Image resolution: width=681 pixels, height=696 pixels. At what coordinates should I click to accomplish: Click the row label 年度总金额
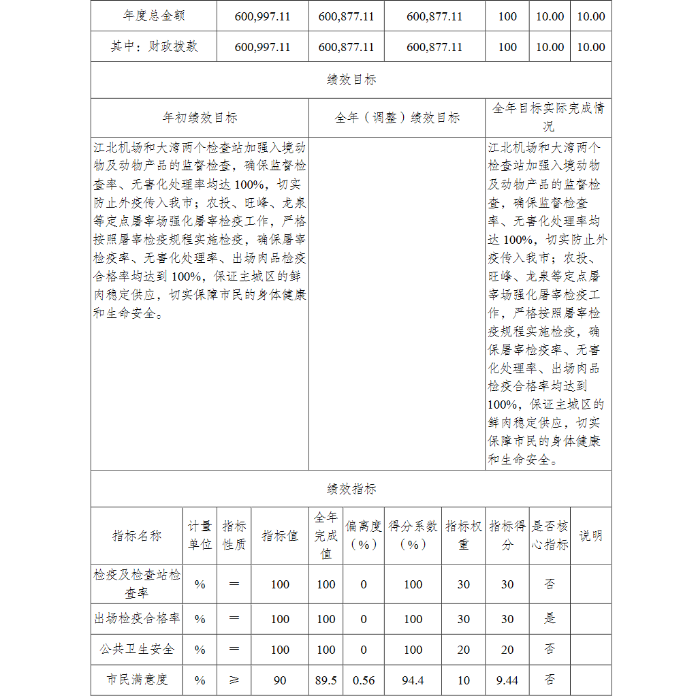(x=154, y=16)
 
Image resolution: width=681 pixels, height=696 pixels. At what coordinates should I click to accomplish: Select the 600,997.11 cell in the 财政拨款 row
(x=262, y=47)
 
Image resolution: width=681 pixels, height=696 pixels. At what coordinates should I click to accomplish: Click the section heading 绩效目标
(x=351, y=80)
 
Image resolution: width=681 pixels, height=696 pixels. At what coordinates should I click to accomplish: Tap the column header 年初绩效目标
(x=200, y=118)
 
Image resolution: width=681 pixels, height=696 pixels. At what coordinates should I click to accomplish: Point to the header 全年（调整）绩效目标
(x=397, y=118)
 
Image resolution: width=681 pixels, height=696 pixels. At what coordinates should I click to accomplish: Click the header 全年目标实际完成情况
(x=548, y=117)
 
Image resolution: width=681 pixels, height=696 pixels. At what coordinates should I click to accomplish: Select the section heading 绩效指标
(x=351, y=489)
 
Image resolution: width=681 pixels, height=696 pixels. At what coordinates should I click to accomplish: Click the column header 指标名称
(x=137, y=535)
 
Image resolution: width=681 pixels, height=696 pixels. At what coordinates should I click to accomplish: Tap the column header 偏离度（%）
(x=364, y=535)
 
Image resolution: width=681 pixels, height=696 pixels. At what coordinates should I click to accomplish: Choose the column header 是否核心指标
(x=550, y=535)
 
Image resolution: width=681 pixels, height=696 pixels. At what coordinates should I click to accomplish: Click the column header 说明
(x=590, y=535)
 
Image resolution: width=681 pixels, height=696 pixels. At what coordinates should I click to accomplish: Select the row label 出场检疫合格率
(x=137, y=618)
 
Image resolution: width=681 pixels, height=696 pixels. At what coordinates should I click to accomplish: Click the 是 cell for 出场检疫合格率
(x=550, y=618)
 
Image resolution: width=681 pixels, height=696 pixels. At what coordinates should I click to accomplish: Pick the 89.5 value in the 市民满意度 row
(x=326, y=680)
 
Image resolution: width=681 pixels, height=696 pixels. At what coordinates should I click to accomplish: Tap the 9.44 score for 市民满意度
(x=507, y=680)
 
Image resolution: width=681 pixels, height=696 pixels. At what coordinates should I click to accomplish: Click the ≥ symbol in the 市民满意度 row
(x=234, y=680)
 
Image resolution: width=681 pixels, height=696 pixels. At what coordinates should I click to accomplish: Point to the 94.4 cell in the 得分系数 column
(x=413, y=680)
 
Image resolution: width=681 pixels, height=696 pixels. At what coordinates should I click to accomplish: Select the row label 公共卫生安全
(x=137, y=649)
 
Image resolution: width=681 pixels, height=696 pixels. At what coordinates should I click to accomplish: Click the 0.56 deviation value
(x=364, y=680)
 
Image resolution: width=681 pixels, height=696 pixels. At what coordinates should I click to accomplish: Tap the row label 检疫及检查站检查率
(x=137, y=584)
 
